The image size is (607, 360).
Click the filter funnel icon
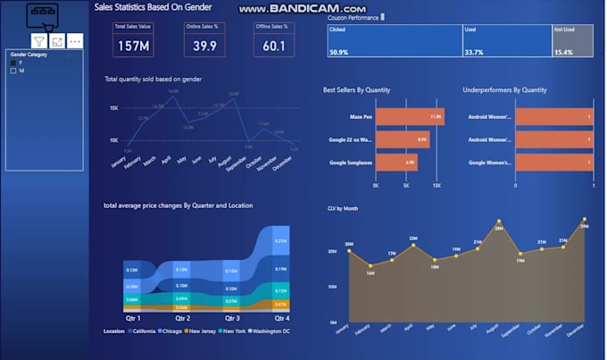(39, 41)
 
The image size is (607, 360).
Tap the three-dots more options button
(74, 41)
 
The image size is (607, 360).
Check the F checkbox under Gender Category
(12, 63)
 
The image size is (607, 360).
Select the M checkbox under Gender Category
(12, 71)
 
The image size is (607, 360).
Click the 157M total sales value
(133, 46)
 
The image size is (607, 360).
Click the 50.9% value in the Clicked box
(338, 53)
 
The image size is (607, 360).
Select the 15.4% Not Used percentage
(564, 53)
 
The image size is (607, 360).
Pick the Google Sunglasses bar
(396, 162)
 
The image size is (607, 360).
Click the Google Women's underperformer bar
(553, 162)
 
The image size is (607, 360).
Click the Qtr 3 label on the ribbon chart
(232, 318)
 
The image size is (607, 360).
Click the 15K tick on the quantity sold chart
(114, 108)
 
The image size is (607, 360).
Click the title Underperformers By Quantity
(503, 89)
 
